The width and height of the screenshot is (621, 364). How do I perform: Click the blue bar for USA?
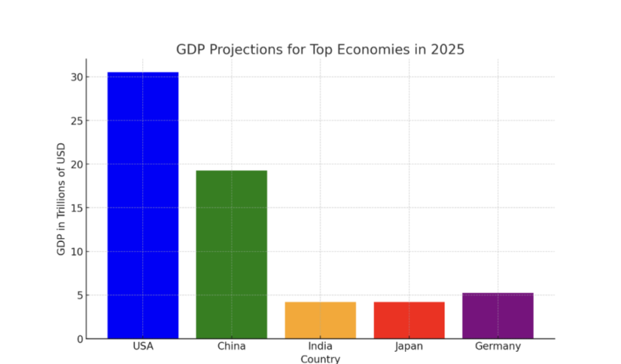coord(142,205)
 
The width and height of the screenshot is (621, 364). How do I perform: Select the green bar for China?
coord(231,254)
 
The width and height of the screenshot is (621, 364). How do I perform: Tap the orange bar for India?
coord(320,320)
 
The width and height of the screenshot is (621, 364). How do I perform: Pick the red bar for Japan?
coord(409,320)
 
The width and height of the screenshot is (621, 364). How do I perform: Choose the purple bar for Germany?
coord(498,315)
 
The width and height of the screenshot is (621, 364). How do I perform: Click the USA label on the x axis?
coord(142,347)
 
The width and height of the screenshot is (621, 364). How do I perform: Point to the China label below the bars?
coord(231,347)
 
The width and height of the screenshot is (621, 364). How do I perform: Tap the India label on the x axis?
coord(320,347)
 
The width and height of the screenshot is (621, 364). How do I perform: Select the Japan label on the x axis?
coord(409,347)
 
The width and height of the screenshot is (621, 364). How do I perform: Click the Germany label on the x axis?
coord(498,347)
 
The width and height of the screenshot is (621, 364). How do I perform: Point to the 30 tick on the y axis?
coord(75,77)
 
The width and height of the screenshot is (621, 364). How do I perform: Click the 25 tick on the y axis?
coord(75,121)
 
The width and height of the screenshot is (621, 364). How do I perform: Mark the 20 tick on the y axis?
coord(75,165)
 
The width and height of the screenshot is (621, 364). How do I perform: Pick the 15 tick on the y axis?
coord(75,208)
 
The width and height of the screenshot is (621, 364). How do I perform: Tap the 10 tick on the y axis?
coord(75,252)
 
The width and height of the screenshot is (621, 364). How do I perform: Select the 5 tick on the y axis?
coord(78,295)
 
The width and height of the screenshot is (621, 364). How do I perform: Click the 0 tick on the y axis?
coord(78,339)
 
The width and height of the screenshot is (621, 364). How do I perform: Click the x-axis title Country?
coord(320,359)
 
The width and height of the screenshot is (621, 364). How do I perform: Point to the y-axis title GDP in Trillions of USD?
coord(61,199)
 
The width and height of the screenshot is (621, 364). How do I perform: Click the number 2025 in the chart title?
coord(445,50)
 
